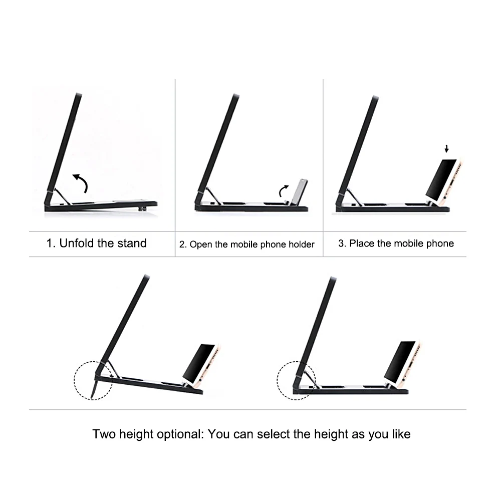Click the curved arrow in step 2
tap(284, 191)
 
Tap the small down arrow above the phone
tap(447, 149)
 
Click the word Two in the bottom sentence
tap(104, 434)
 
